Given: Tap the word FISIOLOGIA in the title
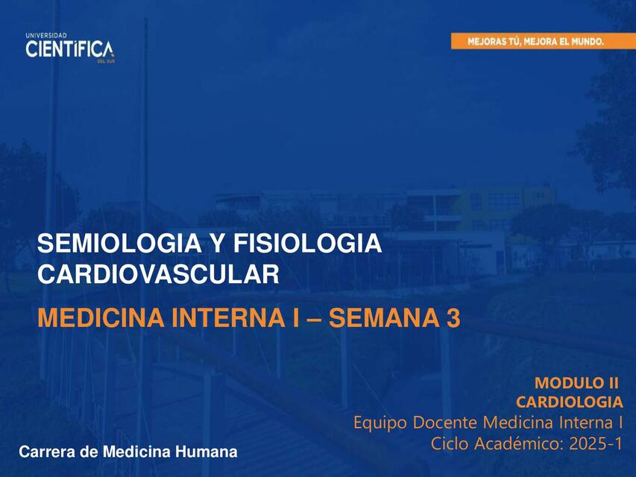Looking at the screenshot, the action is tap(307, 244).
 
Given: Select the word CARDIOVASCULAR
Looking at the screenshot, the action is tap(158, 274).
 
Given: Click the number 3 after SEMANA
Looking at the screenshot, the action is tap(453, 318).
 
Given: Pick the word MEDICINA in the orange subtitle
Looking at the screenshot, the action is tap(101, 318).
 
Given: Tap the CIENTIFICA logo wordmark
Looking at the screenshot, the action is tap(69, 49).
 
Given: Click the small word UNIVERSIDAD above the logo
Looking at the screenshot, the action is tap(46, 36).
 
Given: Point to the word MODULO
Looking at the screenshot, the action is tap(567, 382).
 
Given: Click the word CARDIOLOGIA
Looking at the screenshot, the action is tap(570, 402).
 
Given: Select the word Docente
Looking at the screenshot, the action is tap(445, 423).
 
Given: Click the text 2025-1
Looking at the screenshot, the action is tap(596, 443).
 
